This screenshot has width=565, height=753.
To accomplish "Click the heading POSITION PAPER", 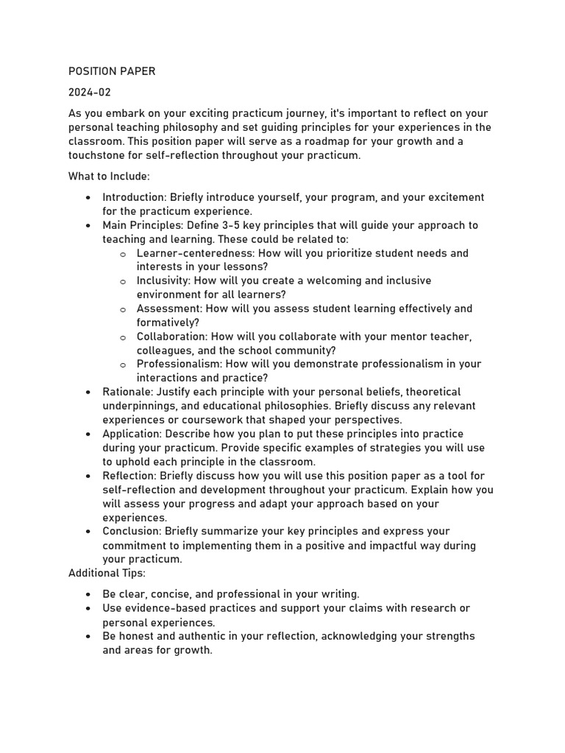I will [112, 71].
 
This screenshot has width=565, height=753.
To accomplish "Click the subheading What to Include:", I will [109, 176].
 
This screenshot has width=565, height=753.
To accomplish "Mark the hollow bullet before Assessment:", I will [123, 310].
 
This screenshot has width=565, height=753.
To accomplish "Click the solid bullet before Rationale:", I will [88, 393].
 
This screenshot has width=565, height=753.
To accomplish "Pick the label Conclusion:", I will [132, 531].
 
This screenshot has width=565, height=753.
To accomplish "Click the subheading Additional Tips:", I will [107, 573].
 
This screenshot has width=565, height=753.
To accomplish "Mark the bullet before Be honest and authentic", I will [88, 637].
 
